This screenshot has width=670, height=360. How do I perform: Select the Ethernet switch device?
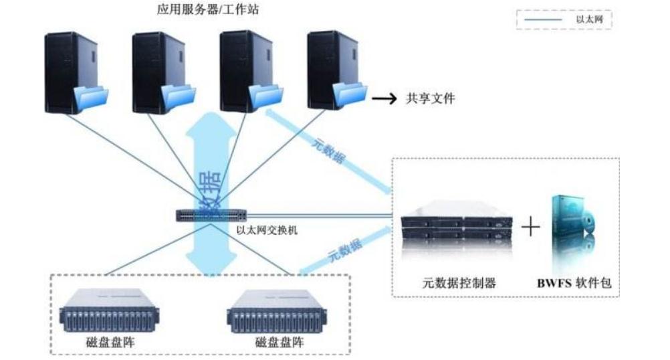(x=212, y=216)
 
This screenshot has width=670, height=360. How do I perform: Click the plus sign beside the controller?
(x=530, y=228)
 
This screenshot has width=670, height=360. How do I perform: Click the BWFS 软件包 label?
(x=573, y=283)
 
